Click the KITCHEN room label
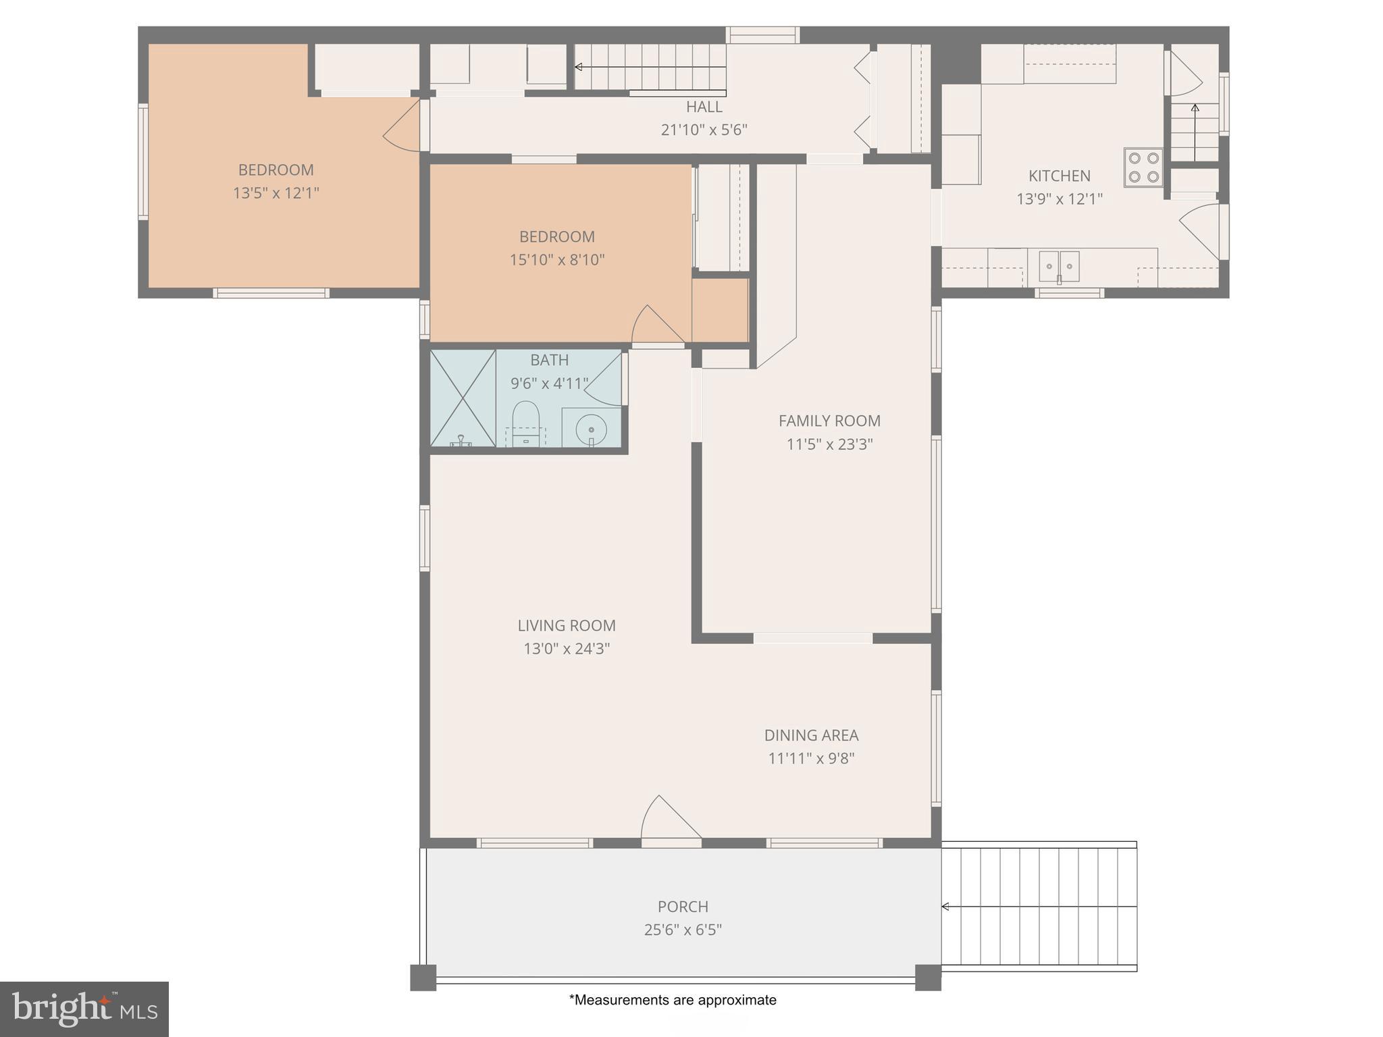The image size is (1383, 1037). (1059, 176)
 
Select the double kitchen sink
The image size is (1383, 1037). (1059, 266)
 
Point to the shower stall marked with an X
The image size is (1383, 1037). (463, 398)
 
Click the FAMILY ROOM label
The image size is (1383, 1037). (829, 421)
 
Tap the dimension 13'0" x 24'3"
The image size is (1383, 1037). (567, 649)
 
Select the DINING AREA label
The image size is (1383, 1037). (811, 735)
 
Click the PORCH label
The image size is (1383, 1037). (683, 907)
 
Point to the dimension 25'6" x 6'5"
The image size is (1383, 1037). (683, 930)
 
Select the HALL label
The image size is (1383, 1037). (704, 107)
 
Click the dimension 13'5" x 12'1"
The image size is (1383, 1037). (276, 193)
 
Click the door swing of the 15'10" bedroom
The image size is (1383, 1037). (655, 325)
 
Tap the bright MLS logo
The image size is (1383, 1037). (84, 1009)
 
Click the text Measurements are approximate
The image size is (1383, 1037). (673, 1000)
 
